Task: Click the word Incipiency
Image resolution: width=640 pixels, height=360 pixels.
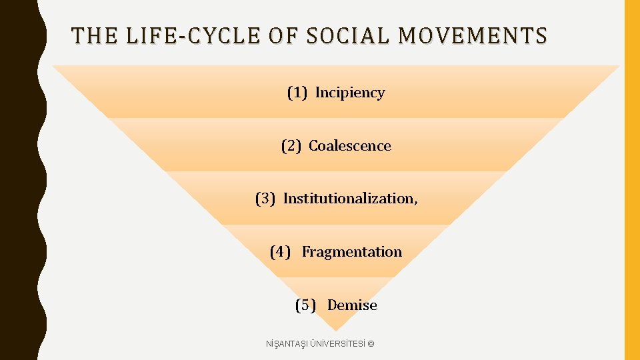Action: coord(350,93)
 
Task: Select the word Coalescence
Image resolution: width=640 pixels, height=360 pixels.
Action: coord(350,146)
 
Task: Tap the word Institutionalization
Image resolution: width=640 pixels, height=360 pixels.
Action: coord(349,199)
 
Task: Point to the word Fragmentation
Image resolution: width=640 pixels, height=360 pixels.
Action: coord(352,252)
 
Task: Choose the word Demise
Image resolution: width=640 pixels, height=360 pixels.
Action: coord(352,305)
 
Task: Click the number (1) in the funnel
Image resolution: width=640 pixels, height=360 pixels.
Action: coord(297,93)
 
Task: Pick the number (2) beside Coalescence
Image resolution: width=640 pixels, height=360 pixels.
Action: coord(291,146)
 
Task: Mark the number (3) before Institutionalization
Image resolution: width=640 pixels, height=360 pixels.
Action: coord(265,199)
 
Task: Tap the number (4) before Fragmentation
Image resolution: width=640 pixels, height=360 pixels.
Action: coord(280,252)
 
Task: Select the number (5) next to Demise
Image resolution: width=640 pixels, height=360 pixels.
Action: coord(305,305)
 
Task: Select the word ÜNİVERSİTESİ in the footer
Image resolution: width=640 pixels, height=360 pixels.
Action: coord(340,343)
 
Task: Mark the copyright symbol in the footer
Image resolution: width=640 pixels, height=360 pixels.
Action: coord(371,343)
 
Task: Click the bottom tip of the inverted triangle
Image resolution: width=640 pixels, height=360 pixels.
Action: coord(335,329)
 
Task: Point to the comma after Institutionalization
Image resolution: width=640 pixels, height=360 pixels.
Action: coord(415,203)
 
